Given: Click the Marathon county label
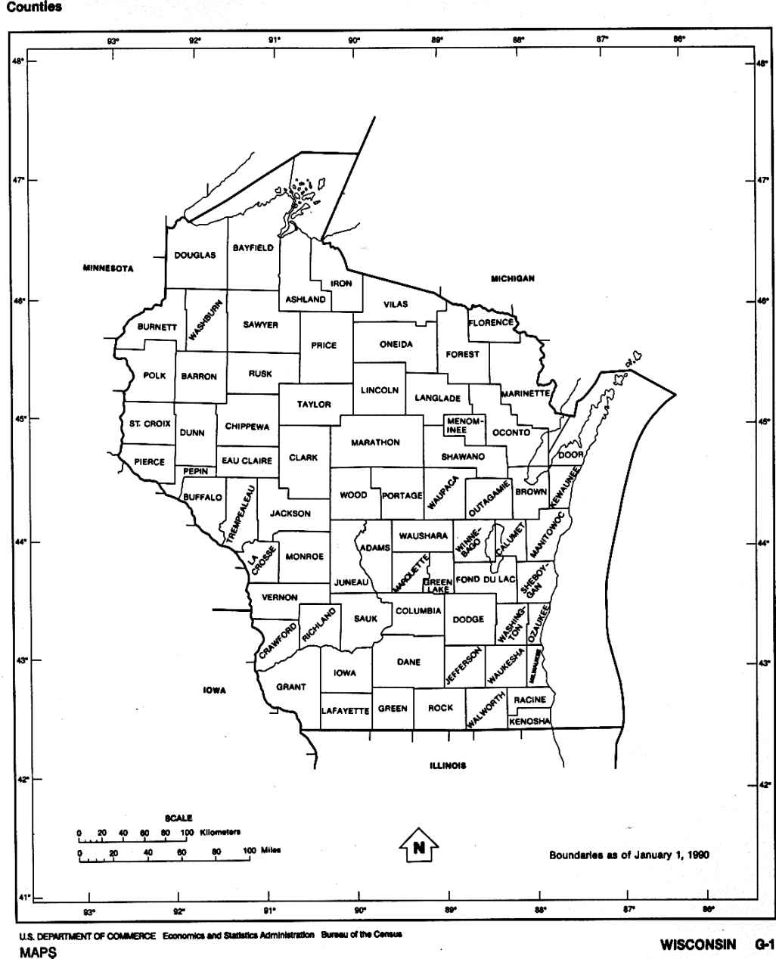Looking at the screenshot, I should click(375, 442).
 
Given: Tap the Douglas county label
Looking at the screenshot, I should click(194, 255).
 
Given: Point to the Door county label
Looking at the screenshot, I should click(571, 455).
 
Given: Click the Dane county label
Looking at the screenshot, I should click(408, 663).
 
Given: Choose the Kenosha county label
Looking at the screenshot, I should click(529, 722).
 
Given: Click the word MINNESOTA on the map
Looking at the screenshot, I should click(108, 268).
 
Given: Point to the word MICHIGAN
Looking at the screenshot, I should click(513, 278).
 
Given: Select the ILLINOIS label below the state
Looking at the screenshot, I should click(448, 765).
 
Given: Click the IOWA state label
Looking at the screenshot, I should click(215, 690).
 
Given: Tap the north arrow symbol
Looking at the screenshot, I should click(418, 846).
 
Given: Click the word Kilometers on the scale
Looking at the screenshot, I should click(220, 833).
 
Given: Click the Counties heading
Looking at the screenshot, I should click(34, 8).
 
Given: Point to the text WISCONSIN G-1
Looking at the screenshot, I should click(717, 945).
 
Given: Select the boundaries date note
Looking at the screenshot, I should click(629, 855).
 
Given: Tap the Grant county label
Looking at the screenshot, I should click(290, 687).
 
